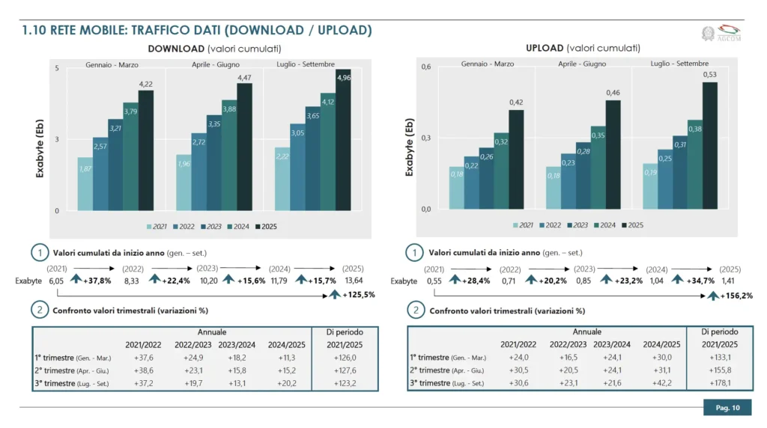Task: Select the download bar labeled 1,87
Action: [x=85, y=184]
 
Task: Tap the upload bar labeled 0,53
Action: [x=709, y=146]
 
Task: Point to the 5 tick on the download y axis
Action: [x=57, y=69]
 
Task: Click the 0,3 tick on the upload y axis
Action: [x=425, y=138]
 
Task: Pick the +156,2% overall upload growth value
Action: [x=731, y=296]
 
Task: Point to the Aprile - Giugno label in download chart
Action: [x=214, y=64]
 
